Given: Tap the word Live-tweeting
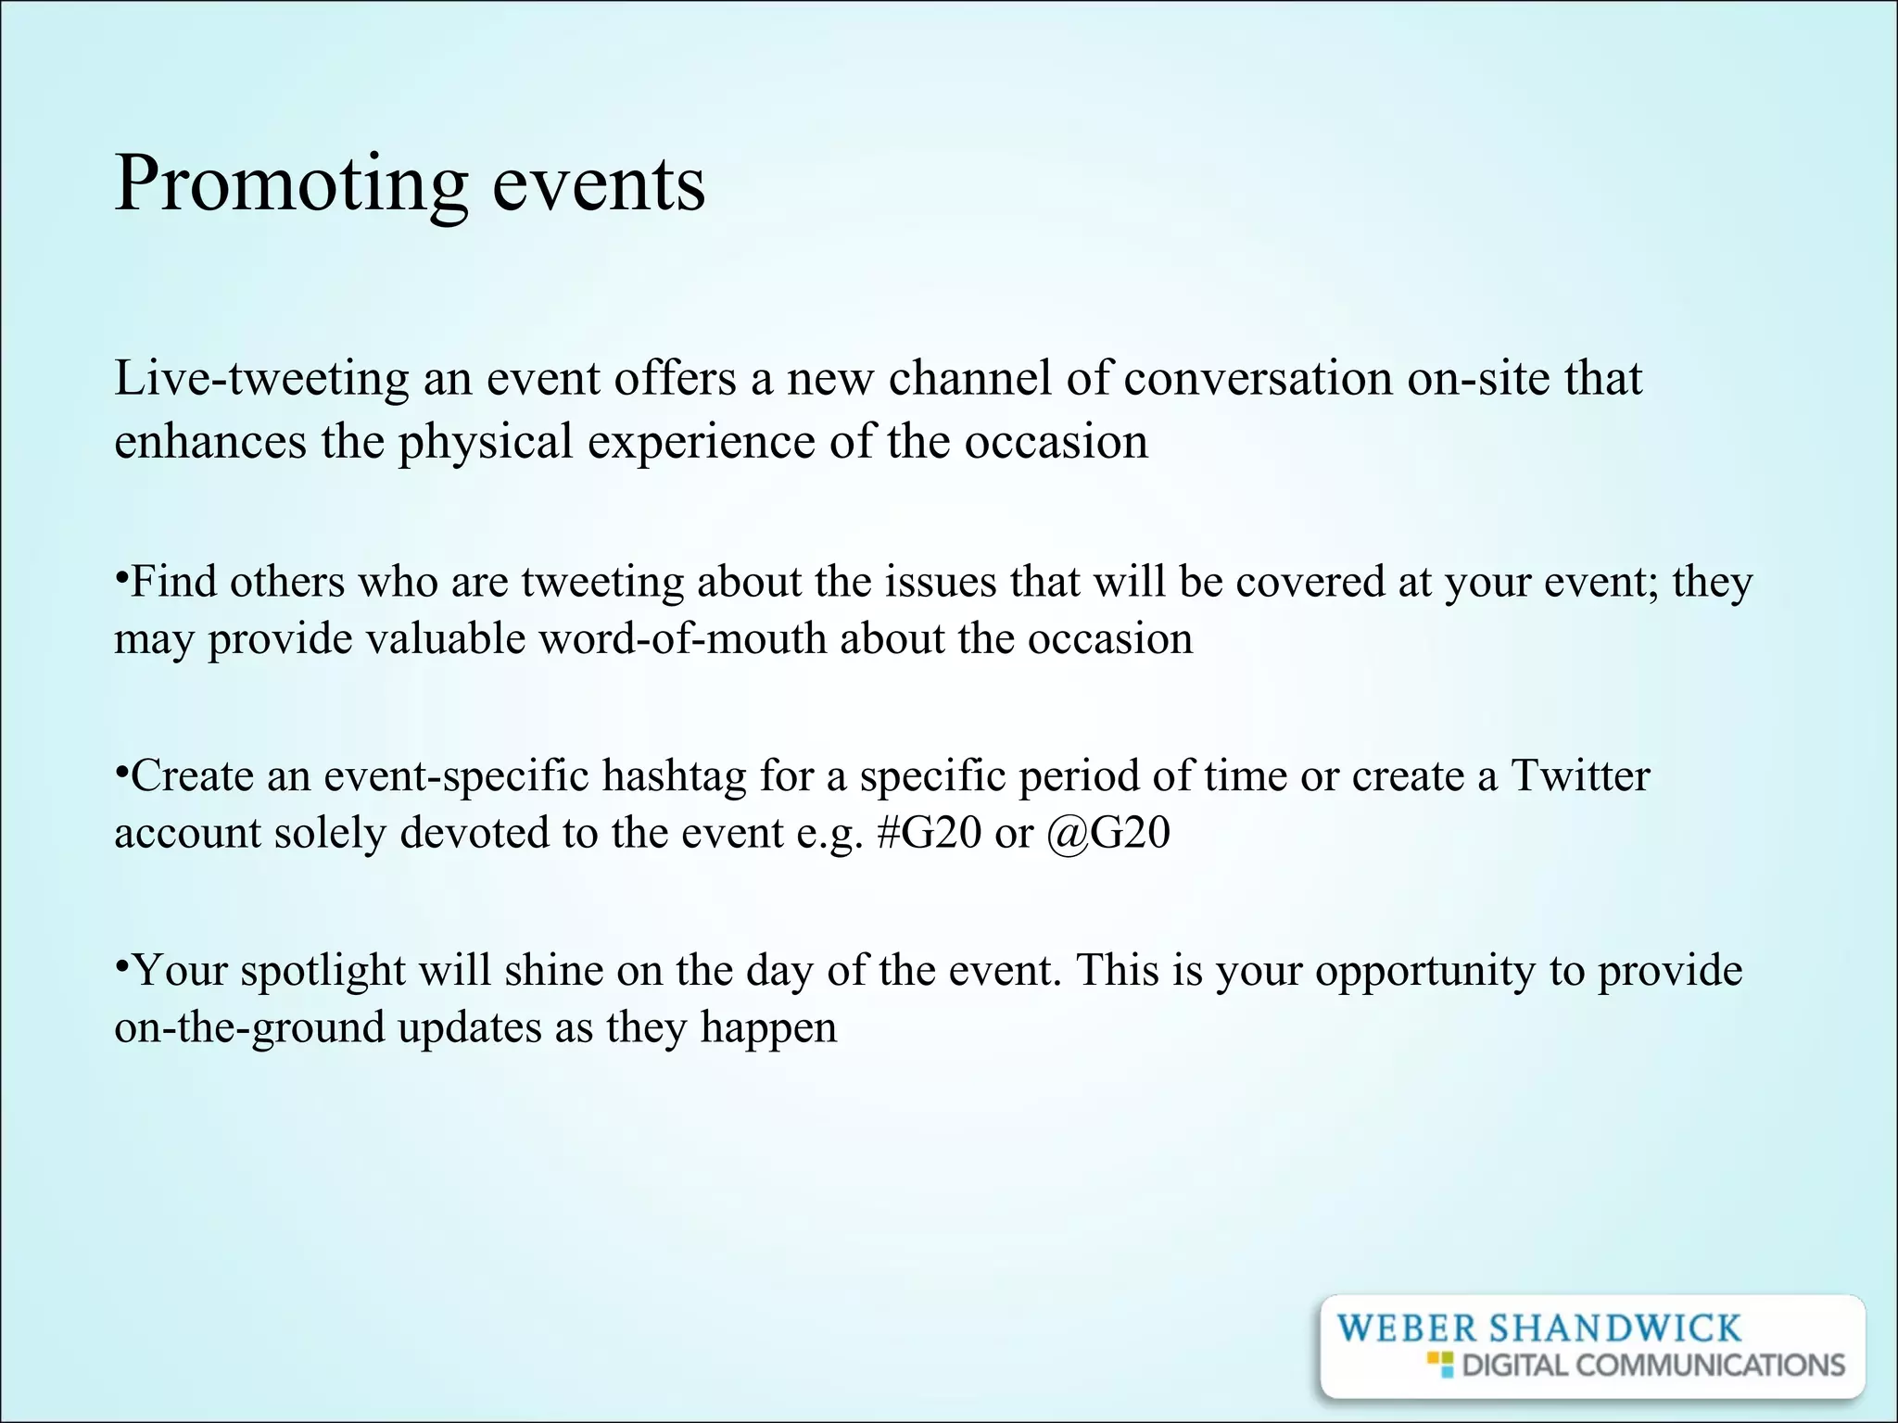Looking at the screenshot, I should point(261,379).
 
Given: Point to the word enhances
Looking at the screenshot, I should point(209,441).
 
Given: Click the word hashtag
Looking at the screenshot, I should point(674,776).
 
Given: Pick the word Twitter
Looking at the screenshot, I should point(1580,775).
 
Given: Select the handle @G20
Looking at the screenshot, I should point(1108,832).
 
